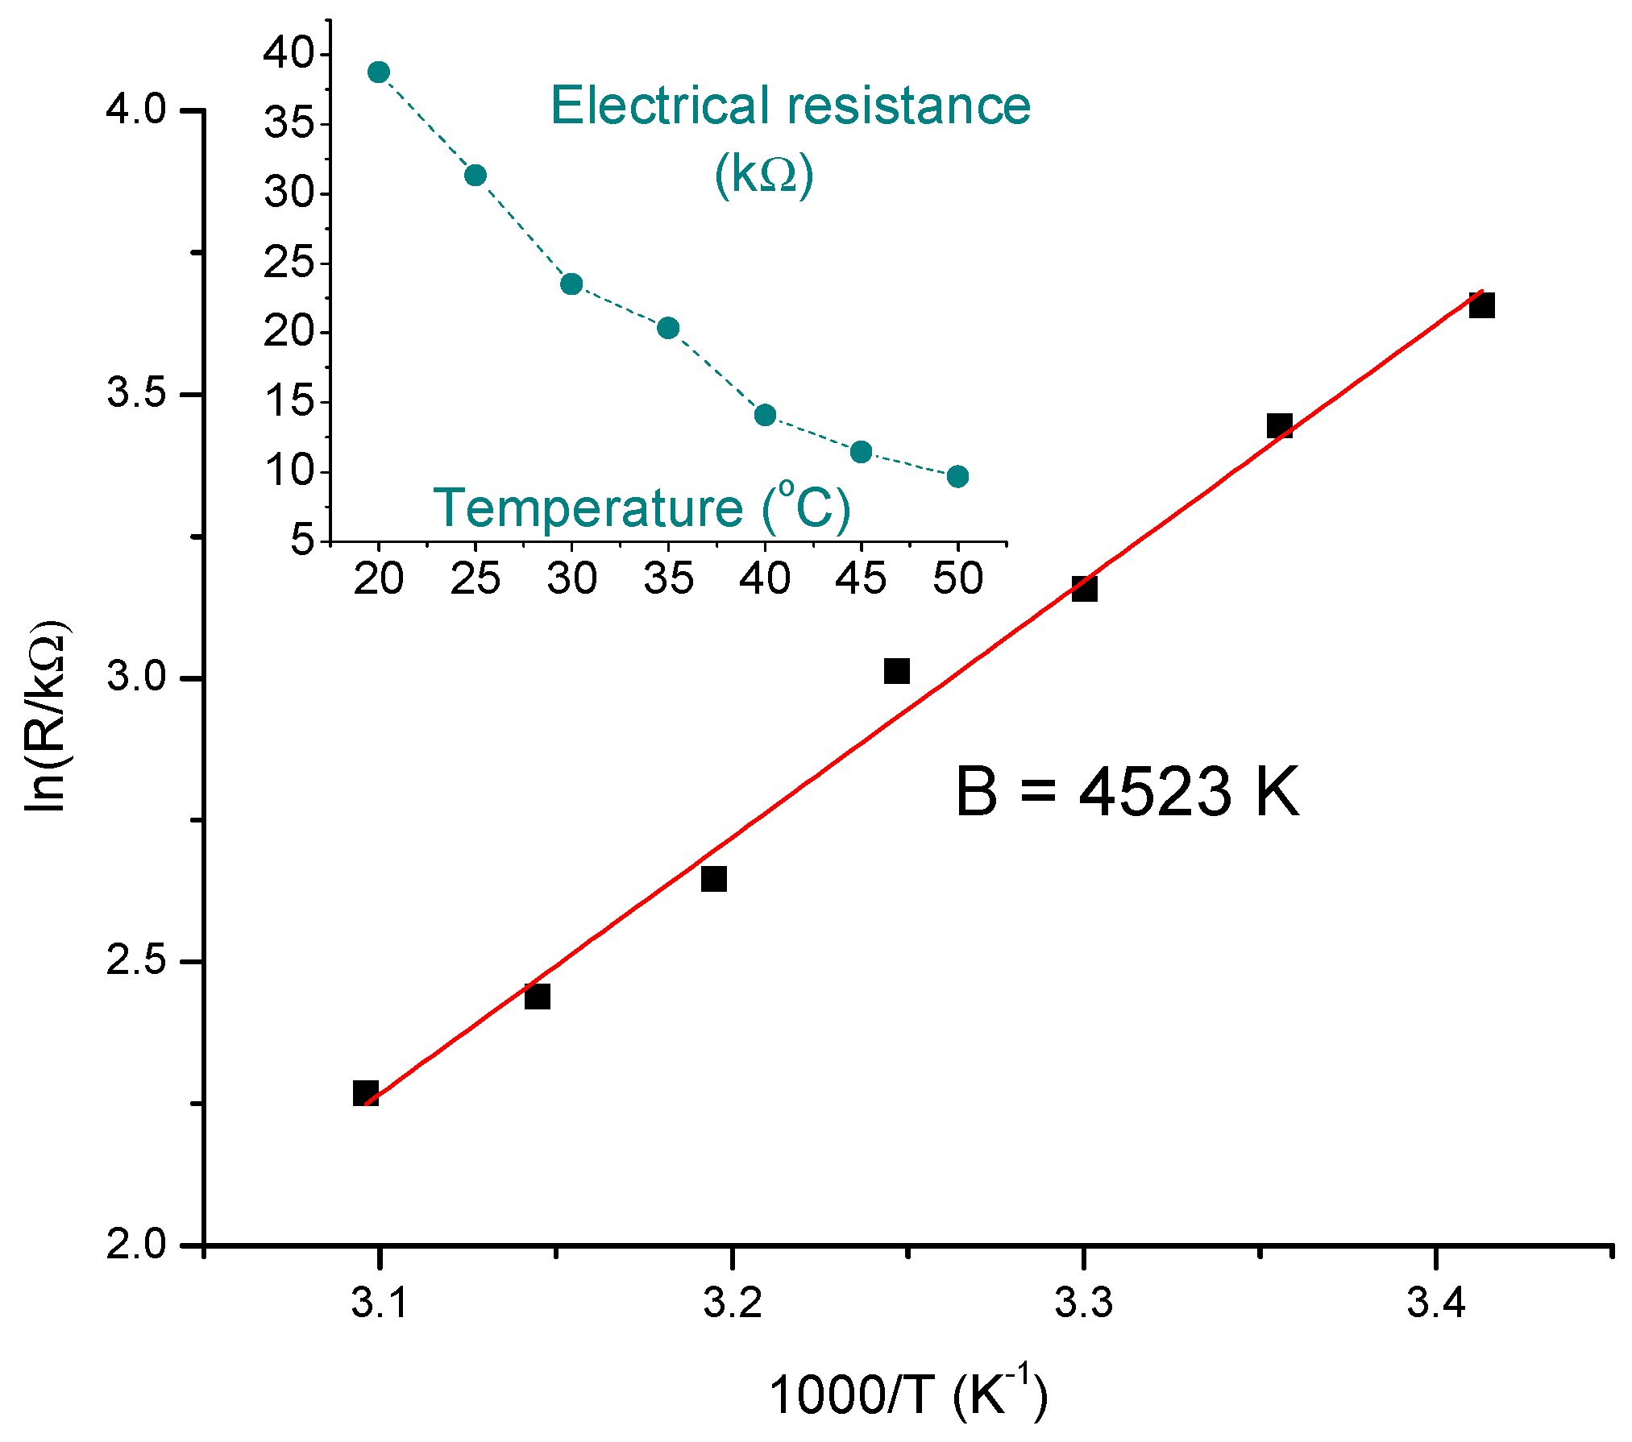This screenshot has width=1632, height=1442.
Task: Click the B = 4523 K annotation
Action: coord(1127,792)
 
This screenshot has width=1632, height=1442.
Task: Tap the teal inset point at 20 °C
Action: coord(379,73)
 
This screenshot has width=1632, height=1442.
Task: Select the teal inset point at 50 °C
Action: coord(957,477)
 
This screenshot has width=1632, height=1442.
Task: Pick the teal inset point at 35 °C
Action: coord(668,328)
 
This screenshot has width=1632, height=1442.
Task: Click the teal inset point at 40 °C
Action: coord(765,416)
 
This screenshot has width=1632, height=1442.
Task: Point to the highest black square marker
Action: coord(1481,306)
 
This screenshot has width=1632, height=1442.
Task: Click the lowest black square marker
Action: coord(366,1093)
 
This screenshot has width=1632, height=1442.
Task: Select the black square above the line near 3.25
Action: coord(896,671)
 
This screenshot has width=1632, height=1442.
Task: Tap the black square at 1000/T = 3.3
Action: coord(1084,589)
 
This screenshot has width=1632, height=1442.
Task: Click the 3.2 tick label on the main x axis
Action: coord(732,1303)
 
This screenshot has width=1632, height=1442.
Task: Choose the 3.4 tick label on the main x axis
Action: coord(1435,1303)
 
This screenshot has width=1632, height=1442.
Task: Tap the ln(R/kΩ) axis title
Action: coord(47,717)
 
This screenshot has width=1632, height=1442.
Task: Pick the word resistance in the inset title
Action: coord(909,106)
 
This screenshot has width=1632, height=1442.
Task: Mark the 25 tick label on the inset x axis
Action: coord(475,578)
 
